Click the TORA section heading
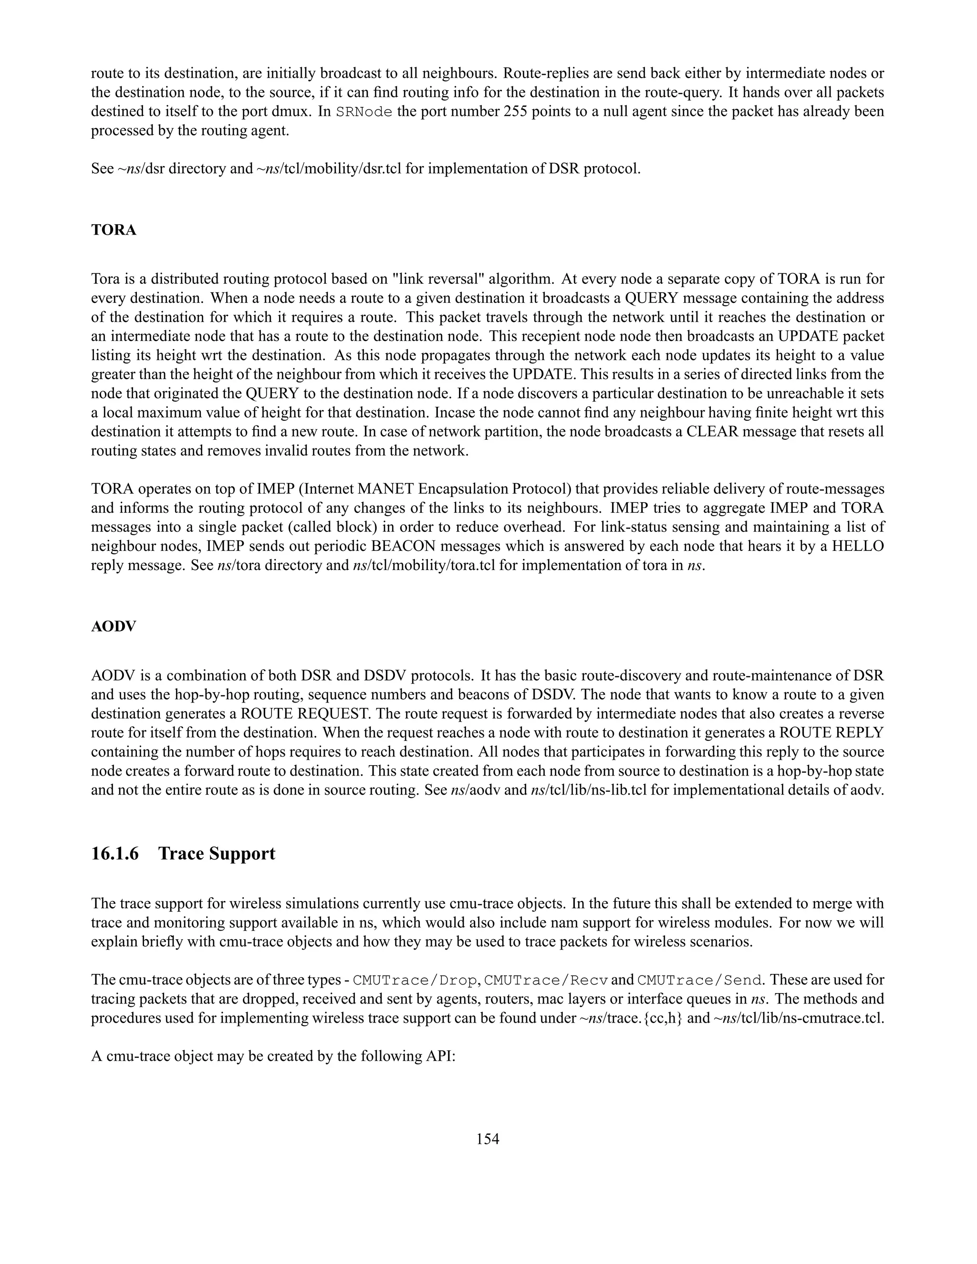tap(114, 230)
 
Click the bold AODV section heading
tap(114, 627)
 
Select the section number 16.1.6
tap(115, 854)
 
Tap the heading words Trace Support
tap(217, 854)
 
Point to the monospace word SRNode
tap(364, 112)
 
